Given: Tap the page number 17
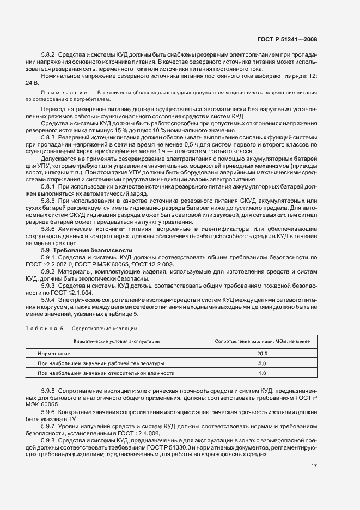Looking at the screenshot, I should point(314,465).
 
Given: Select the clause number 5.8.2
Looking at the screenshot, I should point(49,56).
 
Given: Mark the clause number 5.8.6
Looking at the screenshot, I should point(49,230).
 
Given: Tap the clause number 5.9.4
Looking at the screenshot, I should point(49,299).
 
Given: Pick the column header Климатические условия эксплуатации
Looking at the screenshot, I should point(117,341).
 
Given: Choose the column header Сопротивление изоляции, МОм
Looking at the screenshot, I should point(261,341).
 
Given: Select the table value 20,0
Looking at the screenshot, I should point(262,353).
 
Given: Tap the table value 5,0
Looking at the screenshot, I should point(262,363).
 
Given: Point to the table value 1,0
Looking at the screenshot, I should point(262,373).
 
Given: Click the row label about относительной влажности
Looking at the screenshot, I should point(106,373).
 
